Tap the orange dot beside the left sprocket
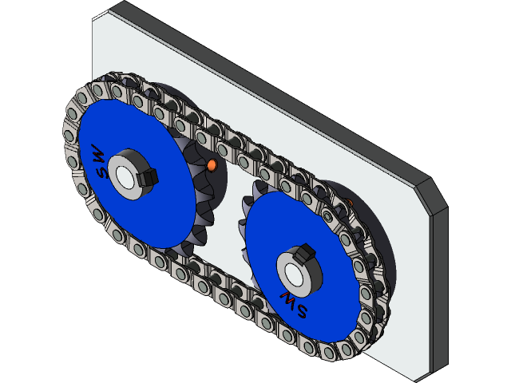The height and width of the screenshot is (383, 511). coord(212,165)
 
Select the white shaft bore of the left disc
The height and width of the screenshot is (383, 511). coord(125,176)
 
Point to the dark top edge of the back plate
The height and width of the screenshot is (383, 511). coord(263,80)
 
